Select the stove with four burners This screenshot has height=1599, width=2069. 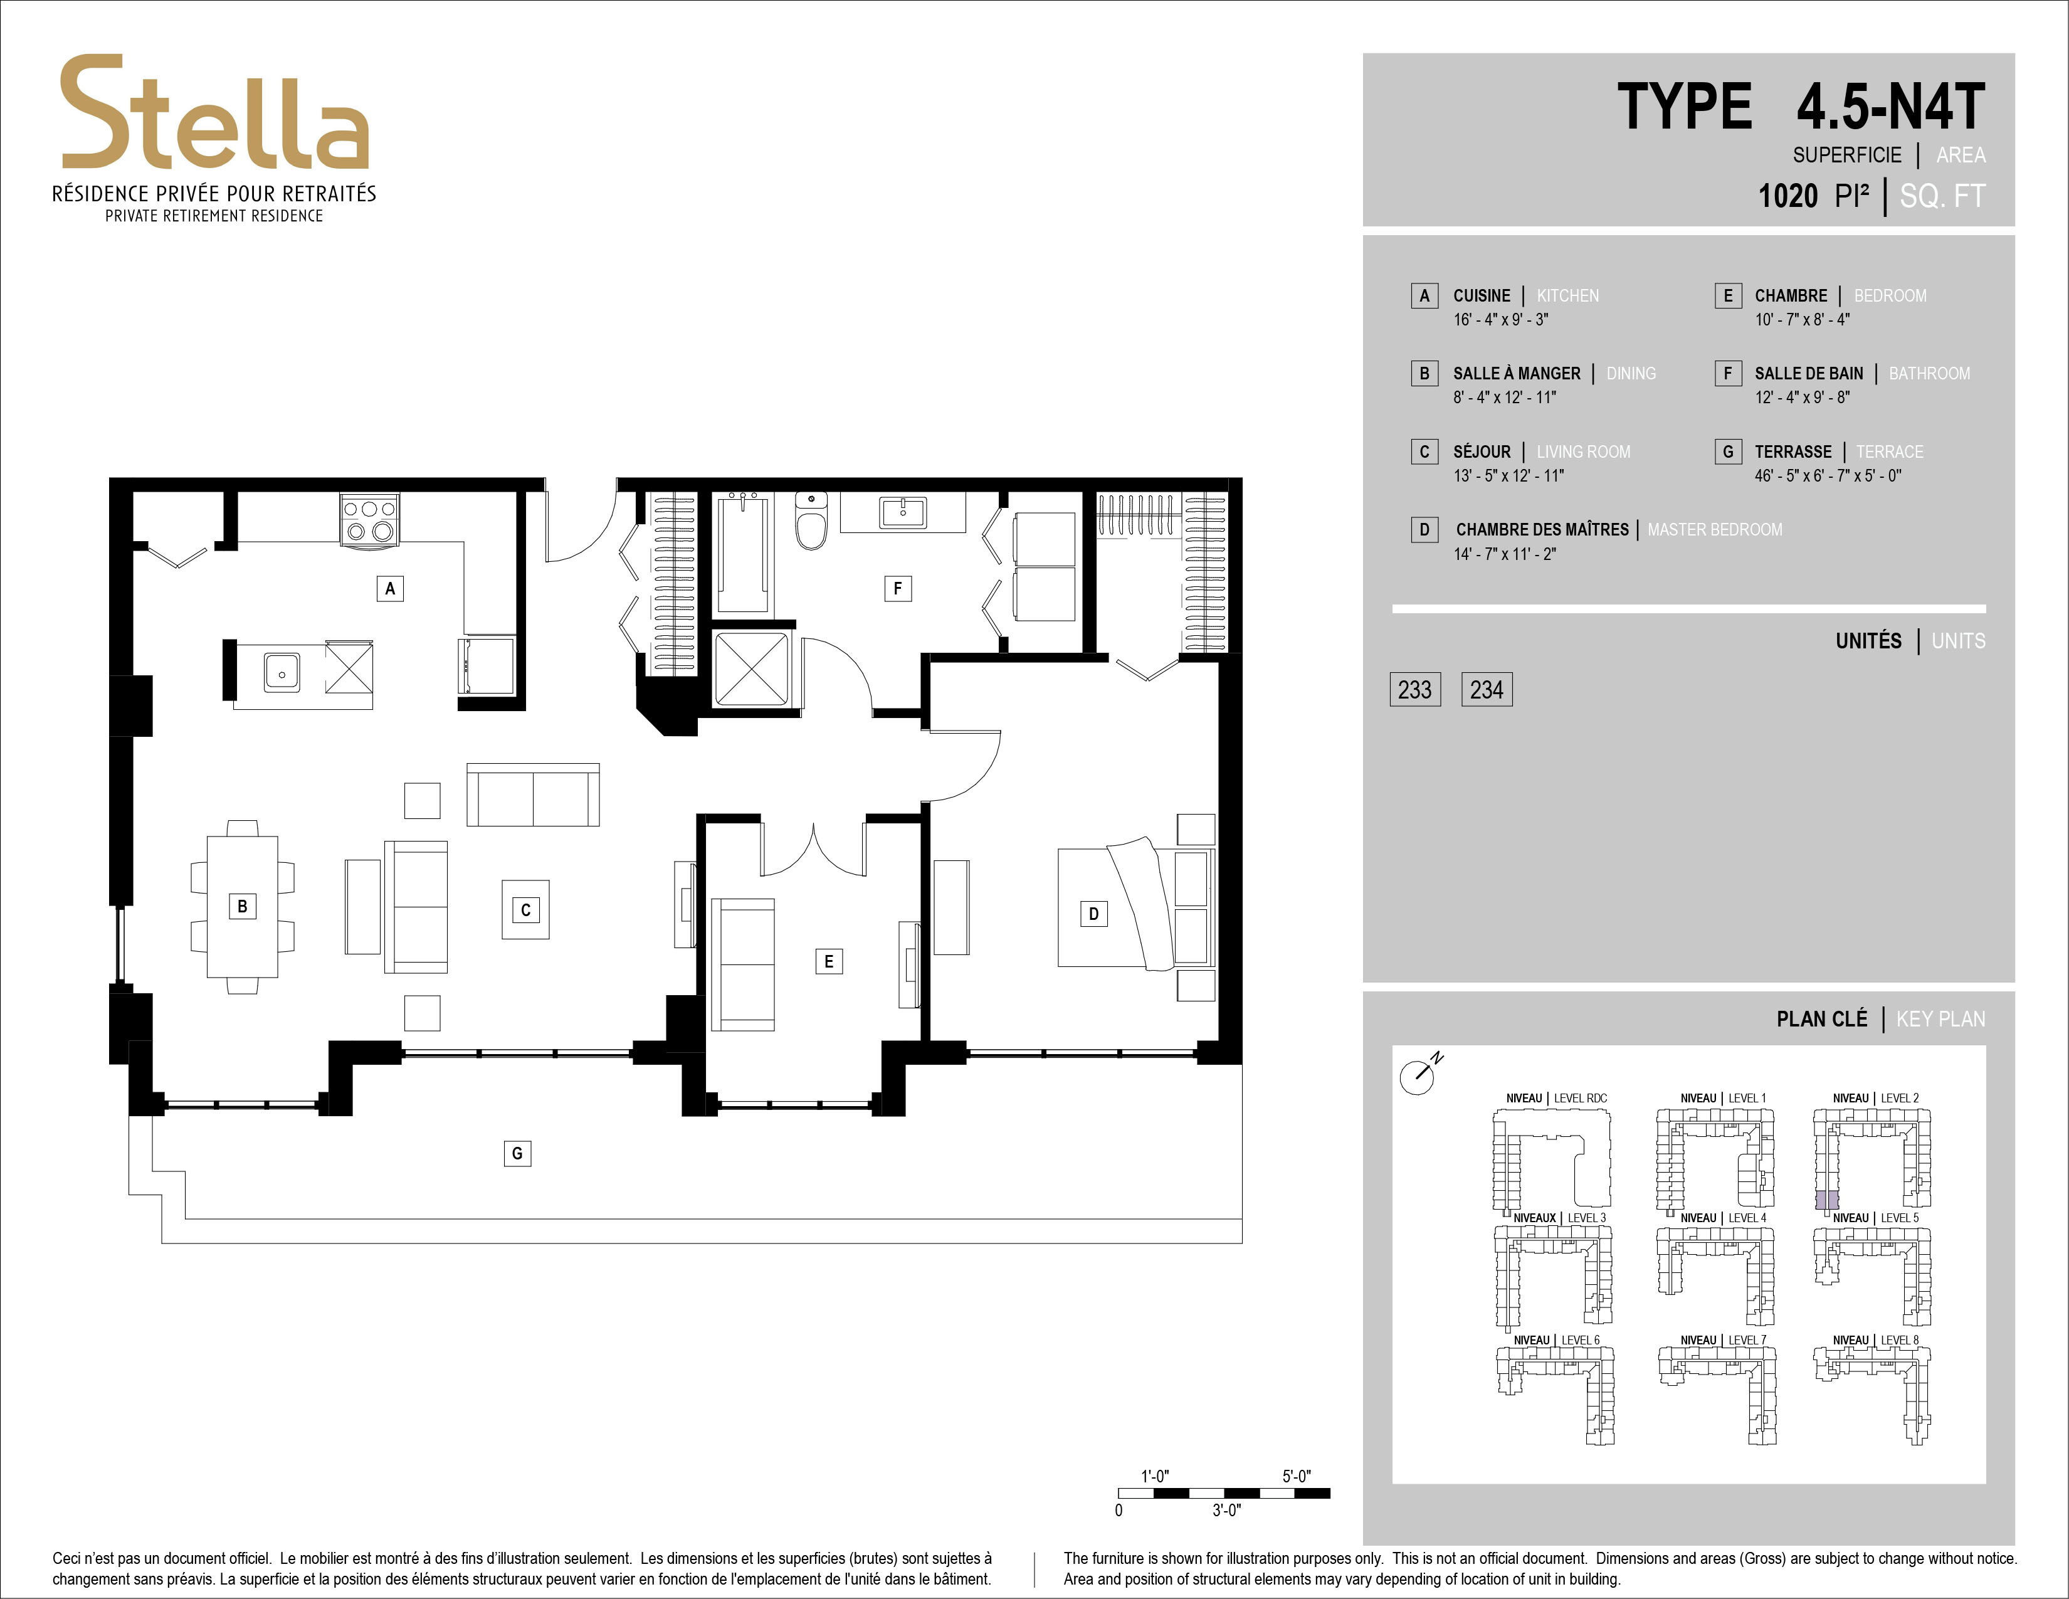tap(369, 519)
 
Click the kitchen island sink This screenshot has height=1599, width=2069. tap(282, 672)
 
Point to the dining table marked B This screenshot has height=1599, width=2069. tap(243, 907)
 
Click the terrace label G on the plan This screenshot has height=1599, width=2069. tap(517, 1153)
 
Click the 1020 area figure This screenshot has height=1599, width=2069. tap(1787, 196)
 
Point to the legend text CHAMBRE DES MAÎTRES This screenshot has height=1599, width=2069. tap(1542, 529)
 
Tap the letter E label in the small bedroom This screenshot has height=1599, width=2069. tap(829, 961)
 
